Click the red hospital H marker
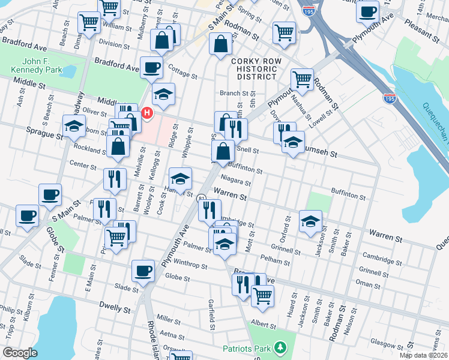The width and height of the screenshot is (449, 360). click(x=146, y=112)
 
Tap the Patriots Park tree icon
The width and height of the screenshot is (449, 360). click(x=278, y=347)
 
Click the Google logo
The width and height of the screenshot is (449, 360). click(x=20, y=353)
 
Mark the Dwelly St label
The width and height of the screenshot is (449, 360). click(x=115, y=310)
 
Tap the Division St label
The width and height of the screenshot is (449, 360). click(x=115, y=43)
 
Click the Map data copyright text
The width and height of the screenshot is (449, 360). click(x=423, y=355)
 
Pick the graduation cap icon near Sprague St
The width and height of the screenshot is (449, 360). click(x=74, y=126)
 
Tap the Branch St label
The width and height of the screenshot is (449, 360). click(x=234, y=93)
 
